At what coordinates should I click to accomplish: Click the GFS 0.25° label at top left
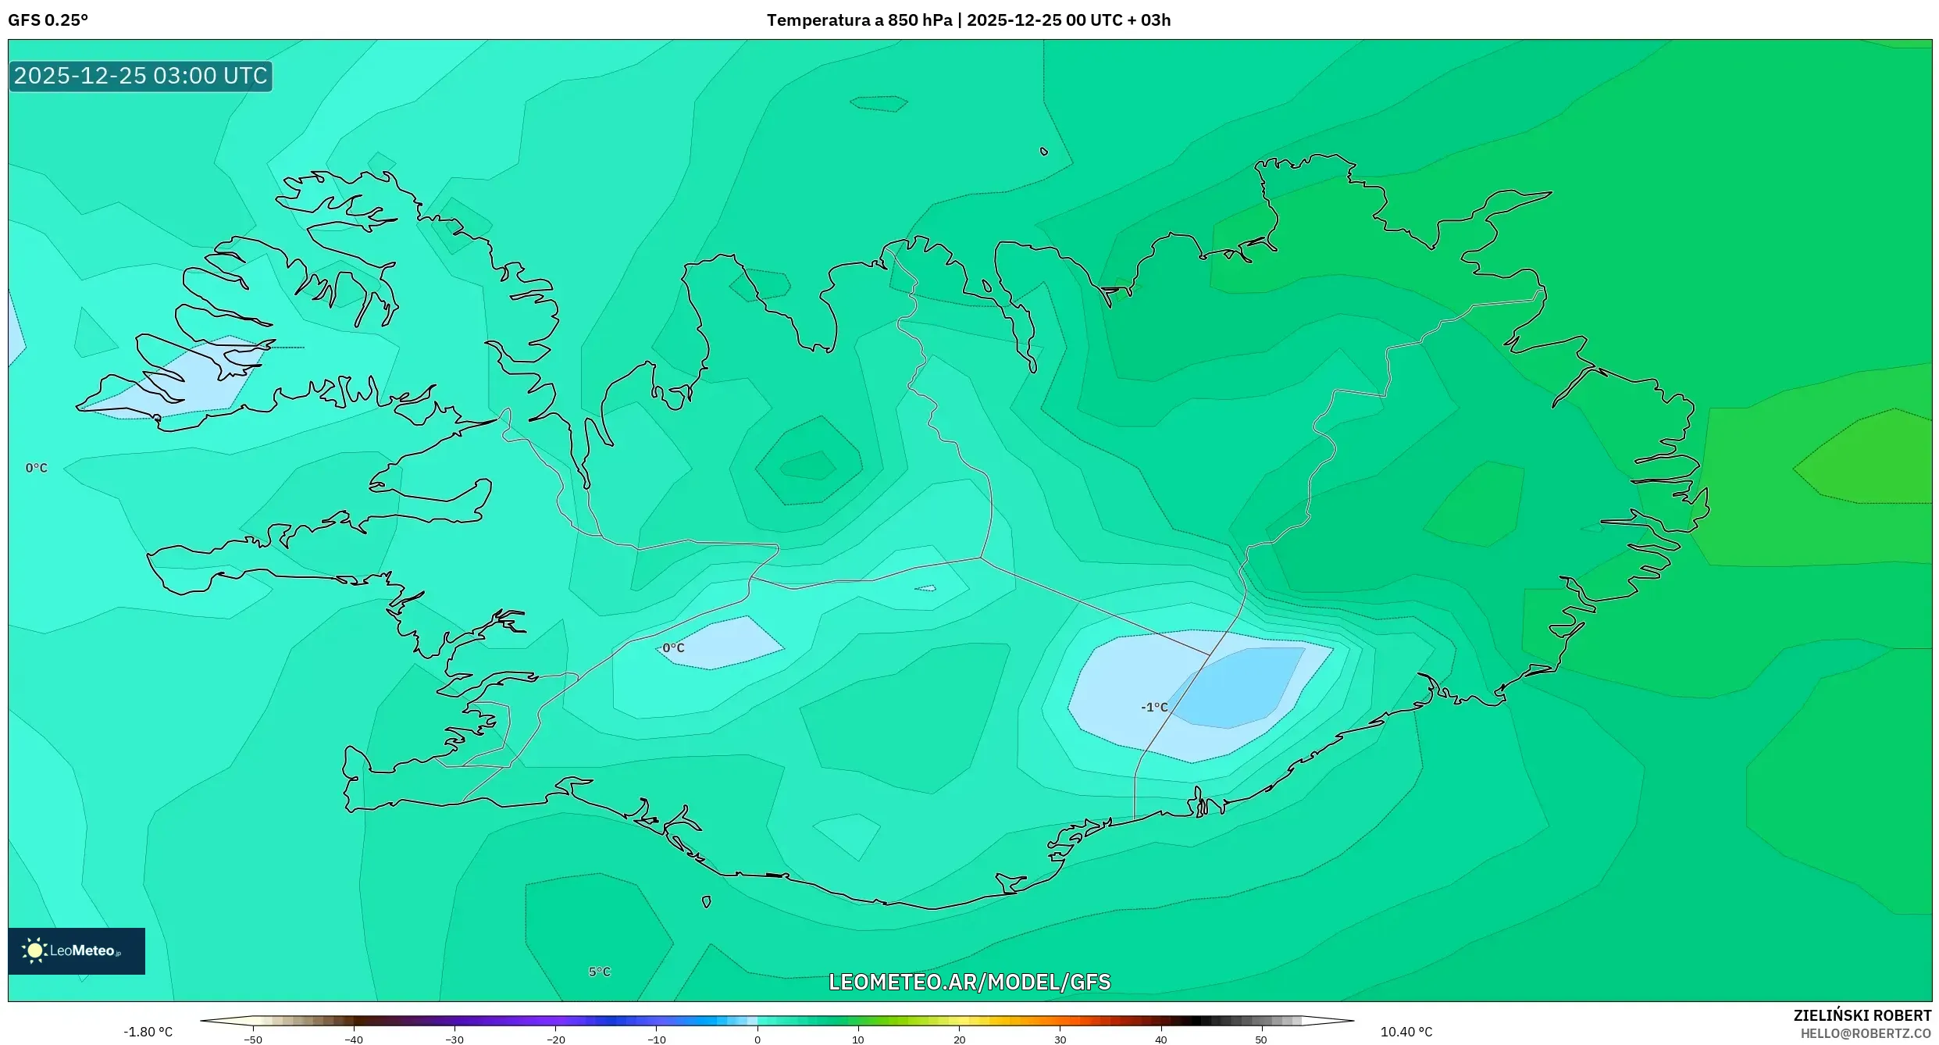pos(48,20)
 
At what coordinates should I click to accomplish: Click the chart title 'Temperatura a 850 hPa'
pos(858,20)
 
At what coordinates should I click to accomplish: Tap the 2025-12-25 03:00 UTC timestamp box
pos(141,76)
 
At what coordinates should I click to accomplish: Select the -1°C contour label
pos(1154,708)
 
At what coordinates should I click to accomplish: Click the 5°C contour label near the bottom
pos(599,972)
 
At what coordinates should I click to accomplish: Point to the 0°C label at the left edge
pos(36,468)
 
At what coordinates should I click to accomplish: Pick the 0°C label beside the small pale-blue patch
pos(672,648)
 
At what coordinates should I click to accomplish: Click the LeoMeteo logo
pos(77,950)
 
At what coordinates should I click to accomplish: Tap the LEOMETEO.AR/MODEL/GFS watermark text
pos(969,982)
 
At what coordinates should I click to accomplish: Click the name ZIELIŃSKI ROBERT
pos(1862,1015)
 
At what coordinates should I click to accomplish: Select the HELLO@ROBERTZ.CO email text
pos(1872,1033)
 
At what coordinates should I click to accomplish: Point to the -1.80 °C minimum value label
pos(148,1032)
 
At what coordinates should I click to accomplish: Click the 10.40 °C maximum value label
pos(1406,1032)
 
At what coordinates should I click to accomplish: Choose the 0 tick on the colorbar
pos(757,1040)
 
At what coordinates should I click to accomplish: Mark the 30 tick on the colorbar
pos(1060,1040)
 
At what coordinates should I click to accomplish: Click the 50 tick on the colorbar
pos(1261,1040)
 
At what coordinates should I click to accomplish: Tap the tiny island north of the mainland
pos(1044,152)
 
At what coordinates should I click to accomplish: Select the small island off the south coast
pos(707,902)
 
